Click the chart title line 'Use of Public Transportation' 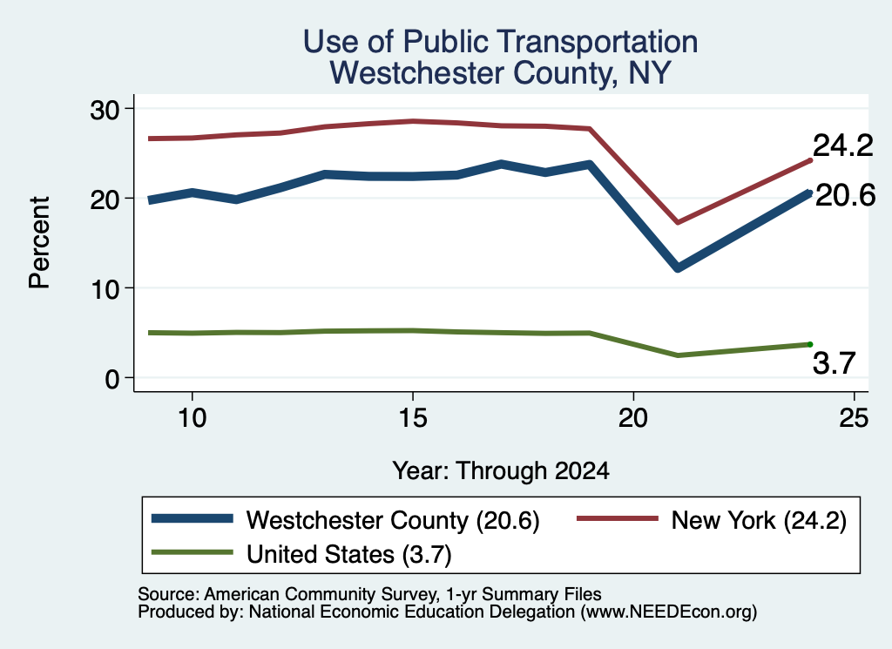(x=500, y=42)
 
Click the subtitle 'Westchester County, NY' (x=501, y=73)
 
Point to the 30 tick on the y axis (x=105, y=110)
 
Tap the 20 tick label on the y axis (x=105, y=199)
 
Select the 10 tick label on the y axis (x=105, y=289)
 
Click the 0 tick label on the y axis (x=112, y=379)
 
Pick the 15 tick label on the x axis (x=412, y=419)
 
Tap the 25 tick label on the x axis (x=854, y=419)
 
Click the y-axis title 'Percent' (x=39, y=243)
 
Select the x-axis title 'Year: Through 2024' (x=501, y=471)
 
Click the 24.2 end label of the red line (x=842, y=145)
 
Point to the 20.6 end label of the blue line (x=845, y=196)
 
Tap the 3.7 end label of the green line (x=834, y=363)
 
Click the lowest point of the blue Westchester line (x=678, y=267)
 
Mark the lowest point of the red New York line (x=678, y=222)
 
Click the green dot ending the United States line (x=810, y=344)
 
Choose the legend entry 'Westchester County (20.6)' (x=393, y=520)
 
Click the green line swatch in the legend (x=193, y=552)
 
